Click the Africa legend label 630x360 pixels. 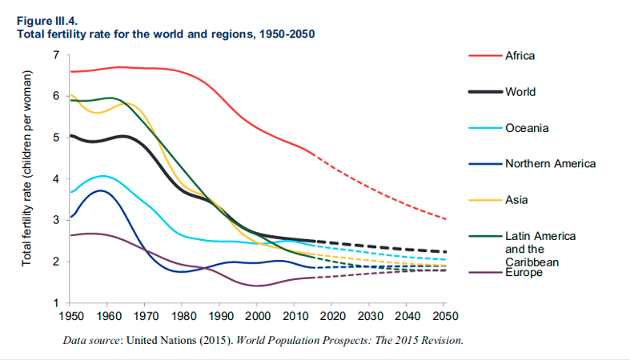coord(520,56)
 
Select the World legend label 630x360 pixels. coord(520,92)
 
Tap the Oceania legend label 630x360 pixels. coord(526,128)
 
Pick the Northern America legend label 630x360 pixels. coord(550,164)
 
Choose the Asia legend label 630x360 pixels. coord(516,200)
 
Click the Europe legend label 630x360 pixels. coord(524,273)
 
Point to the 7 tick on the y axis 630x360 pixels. coord(56,54)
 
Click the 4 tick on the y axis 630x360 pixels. coord(56,179)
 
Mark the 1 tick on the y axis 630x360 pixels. coord(56,303)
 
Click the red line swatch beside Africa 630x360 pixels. coord(485,56)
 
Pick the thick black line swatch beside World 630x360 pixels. coord(485,92)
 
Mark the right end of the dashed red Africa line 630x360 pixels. coord(446,219)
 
